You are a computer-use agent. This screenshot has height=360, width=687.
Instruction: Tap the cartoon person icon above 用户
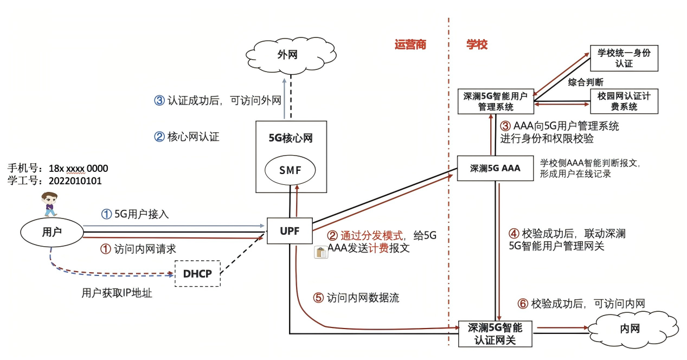pos(49,203)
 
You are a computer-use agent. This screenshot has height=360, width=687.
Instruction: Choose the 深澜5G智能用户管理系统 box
pos(496,101)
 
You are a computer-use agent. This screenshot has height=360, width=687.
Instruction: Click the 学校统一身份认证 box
pos(624,58)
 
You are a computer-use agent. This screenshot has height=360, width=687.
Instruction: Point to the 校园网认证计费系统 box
pos(624,101)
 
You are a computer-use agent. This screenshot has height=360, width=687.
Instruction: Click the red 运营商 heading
pos(410,45)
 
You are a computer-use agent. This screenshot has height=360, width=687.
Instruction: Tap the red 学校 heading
pos(477,45)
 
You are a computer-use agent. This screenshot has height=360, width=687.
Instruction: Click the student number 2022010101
pos(74,181)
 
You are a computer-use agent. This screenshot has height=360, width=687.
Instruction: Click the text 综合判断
pos(586,82)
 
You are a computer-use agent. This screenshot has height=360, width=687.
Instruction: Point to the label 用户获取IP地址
pos(117,293)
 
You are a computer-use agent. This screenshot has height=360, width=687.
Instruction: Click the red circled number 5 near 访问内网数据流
pos(319,298)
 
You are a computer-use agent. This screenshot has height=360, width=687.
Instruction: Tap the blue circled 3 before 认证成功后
pos(159,100)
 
